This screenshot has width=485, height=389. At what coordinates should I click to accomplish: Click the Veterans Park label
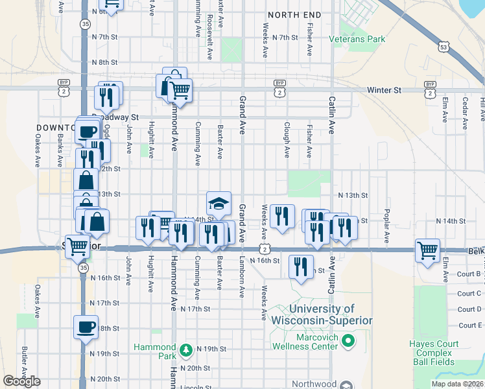(x=357, y=39)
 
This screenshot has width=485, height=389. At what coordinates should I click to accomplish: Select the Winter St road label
(x=383, y=90)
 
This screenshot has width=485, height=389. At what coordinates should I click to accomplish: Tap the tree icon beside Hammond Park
(x=186, y=350)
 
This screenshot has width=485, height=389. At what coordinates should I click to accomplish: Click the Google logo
(x=21, y=381)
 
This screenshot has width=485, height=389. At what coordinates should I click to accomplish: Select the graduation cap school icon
(x=219, y=204)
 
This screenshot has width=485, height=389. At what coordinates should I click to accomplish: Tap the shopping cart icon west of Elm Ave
(x=428, y=250)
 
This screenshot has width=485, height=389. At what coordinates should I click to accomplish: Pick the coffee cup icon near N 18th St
(x=86, y=327)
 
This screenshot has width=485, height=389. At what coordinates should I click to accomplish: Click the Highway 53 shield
(x=444, y=47)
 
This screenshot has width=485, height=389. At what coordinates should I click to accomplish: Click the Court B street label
(x=469, y=274)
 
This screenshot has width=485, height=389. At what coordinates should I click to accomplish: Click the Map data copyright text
(x=458, y=384)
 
